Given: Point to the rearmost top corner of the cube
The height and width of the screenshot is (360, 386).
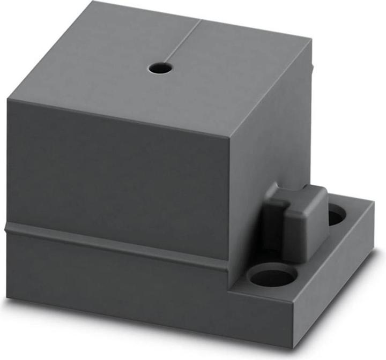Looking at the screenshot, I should coord(98,2).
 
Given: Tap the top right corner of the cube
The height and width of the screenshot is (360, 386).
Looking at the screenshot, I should coord(310,40).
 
